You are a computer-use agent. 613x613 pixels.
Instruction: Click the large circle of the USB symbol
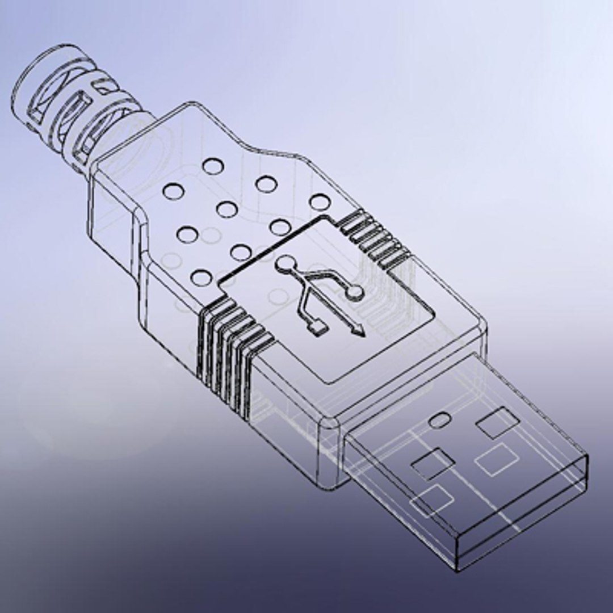pyautogui.click(x=285, y=264)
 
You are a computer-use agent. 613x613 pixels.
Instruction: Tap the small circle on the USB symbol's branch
pyautogui.click(x=354, y=291)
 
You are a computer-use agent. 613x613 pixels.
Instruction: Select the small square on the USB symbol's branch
pyautogui.click(x=319, y=326)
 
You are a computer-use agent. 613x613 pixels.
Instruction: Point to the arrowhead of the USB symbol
pyautogui.click(x=358, y=331)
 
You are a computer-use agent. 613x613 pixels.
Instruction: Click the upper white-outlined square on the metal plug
pyautogui.click(x=497, y=460)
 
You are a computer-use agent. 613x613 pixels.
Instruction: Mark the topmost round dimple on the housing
pyautogui.click(x=213, y=166)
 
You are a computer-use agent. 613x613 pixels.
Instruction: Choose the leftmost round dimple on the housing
pyautogui.click(x=173, y=191)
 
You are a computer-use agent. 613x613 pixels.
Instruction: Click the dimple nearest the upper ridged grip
pyautogui.click(x=320, y=201)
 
